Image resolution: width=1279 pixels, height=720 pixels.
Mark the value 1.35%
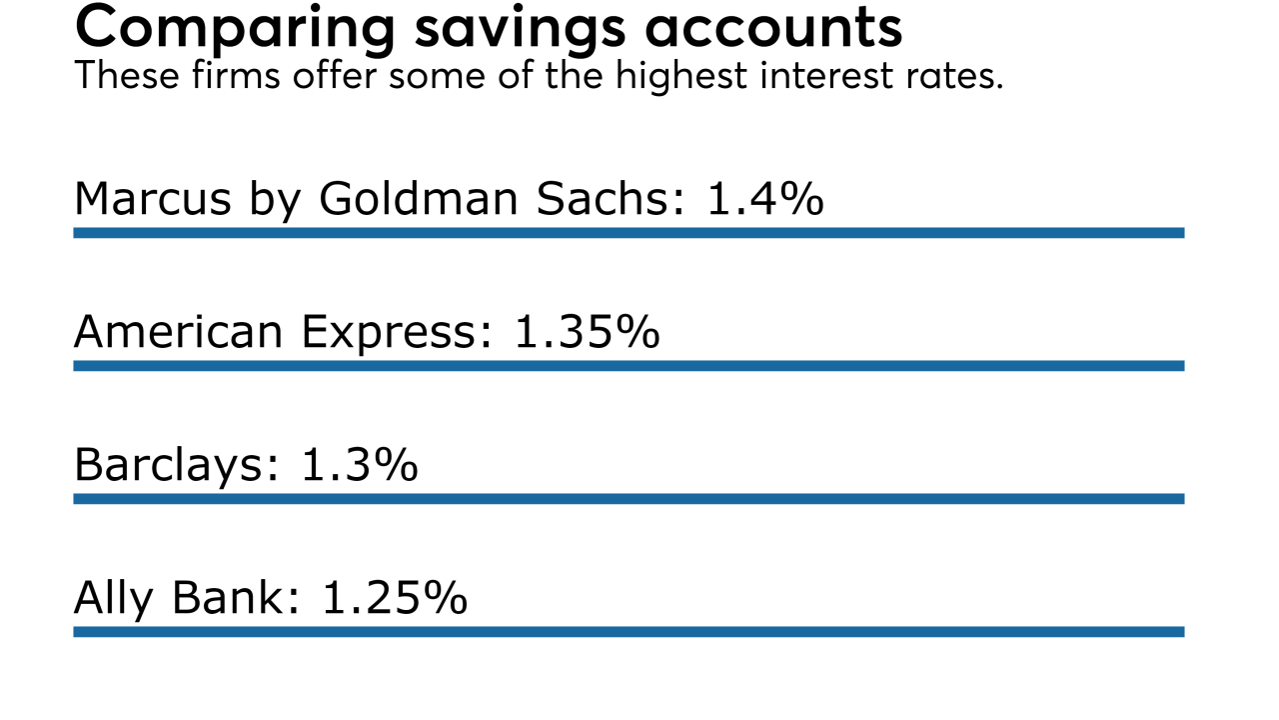(587, 331)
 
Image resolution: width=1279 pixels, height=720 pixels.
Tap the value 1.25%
(394, 598)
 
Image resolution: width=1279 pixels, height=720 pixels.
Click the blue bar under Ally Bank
(629, 632)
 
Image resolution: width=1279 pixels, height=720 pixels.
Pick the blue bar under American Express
(629, 366)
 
